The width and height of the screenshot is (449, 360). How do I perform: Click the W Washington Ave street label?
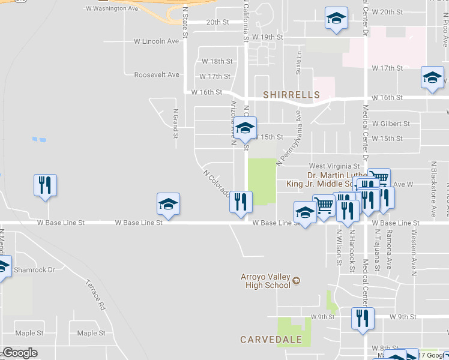point(112,9)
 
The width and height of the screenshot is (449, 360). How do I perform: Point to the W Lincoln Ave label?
point(157,41)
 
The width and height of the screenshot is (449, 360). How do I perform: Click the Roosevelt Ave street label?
point(157,75)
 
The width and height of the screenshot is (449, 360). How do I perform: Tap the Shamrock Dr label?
point(34,270)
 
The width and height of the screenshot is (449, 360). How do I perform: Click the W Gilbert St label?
point(391,124)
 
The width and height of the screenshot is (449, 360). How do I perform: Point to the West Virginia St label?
point(334,166)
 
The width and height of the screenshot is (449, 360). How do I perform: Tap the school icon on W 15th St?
point(245,128)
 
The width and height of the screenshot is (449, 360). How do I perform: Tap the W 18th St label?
point(217,61)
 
